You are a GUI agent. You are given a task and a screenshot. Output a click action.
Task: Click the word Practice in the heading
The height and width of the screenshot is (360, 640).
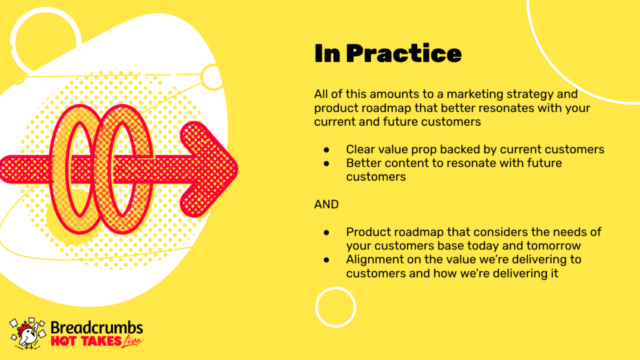pos(404,54)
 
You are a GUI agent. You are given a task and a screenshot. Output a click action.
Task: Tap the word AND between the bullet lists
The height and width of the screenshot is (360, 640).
pos(326,204)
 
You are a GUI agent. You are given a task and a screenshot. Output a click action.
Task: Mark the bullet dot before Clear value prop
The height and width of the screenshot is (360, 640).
pos(326,150)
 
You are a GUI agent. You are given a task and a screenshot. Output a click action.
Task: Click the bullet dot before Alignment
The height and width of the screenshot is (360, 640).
pos(326,259)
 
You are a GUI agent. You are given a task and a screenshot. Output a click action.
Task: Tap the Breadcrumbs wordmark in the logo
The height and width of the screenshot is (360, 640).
pos(97,327)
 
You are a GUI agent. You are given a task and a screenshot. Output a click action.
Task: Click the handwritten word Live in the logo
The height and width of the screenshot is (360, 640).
pos(132,341)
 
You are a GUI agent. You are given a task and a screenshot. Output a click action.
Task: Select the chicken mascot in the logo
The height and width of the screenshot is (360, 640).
pos(27,334)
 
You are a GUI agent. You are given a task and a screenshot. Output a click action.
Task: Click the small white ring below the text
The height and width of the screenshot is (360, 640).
pos(336,288)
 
